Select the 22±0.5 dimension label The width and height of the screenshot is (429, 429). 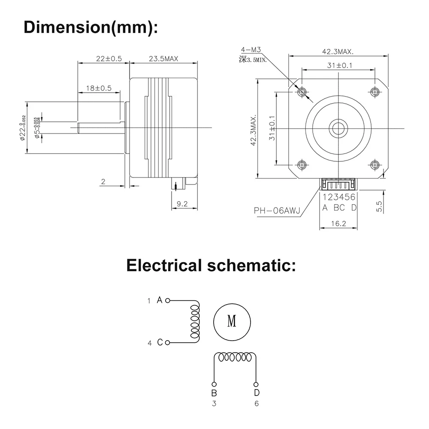(x=103, y=59)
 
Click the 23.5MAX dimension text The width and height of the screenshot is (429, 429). (x=163, y=59)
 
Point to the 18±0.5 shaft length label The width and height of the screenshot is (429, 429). (x=98, y=88)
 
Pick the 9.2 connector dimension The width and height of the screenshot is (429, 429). (x=182, y=204)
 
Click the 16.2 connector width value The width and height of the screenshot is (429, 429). (x=339, y=223)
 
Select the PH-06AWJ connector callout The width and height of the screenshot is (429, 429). (x=277, y=210)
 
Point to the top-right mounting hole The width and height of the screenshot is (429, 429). (x=375, y=91)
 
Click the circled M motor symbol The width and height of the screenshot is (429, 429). (x=232, y=321)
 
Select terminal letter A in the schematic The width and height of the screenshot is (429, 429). (x=159, y=300)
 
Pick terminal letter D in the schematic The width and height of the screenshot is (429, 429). (x=256, y=393)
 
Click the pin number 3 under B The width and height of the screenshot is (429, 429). (x=214, y=403)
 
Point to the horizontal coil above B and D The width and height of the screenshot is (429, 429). (x=235, y=357)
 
